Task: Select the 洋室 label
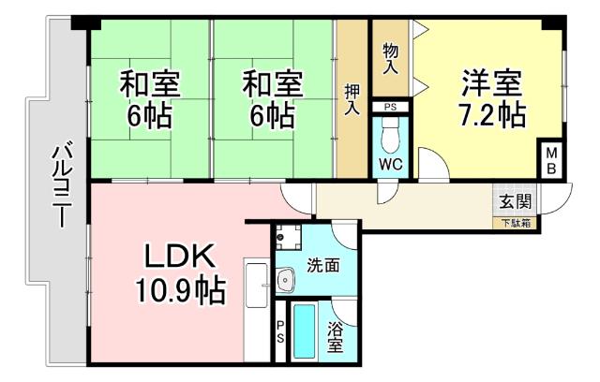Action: coord(490,81)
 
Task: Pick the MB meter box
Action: coord(551,160)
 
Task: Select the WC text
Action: coord(391,165)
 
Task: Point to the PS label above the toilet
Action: coord(391,106)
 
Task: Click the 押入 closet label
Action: coord(352,98)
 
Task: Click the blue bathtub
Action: coord(306,331)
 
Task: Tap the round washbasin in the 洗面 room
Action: coord(285,277)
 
